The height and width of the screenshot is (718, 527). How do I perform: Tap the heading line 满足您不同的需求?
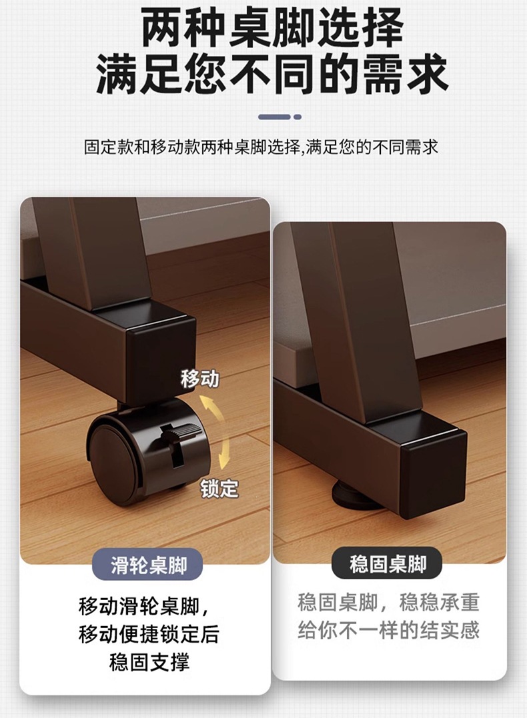(272, 73)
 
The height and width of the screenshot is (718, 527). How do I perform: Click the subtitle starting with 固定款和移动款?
(261, 147)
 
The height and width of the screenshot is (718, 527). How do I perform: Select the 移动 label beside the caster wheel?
(200, 379)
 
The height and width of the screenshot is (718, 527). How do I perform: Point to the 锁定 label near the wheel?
(219, 488)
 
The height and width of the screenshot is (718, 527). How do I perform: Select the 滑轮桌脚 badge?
(148, 566)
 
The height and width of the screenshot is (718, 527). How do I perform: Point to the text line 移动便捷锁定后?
(149, 635)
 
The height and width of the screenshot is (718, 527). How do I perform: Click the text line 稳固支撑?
(149, 663)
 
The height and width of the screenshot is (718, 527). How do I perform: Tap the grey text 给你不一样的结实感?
(389, 630)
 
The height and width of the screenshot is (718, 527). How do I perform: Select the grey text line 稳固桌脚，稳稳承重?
(389, 602)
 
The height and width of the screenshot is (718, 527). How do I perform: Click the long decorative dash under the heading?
(274, 117)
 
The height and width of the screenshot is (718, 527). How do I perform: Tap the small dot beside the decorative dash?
(298, 117)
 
